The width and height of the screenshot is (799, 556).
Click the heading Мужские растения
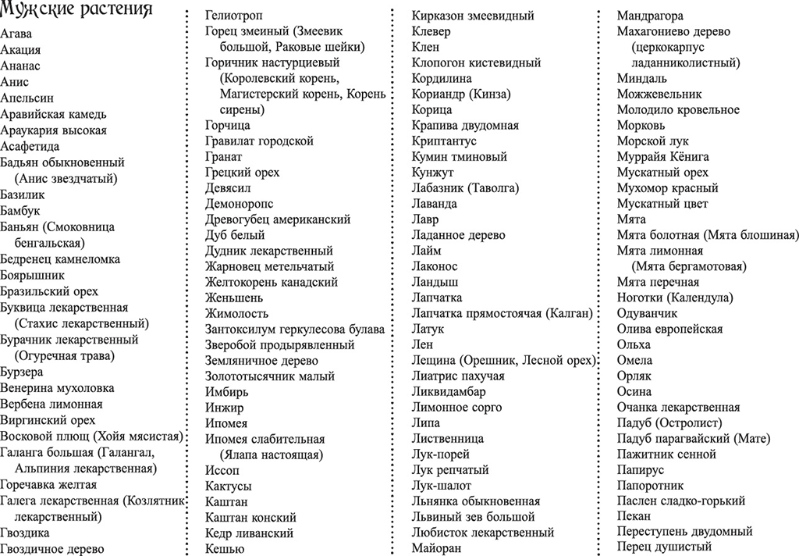click(76, 11)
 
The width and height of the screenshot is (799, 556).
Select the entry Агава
click(16, 34)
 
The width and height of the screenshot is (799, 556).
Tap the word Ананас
click(20, 66)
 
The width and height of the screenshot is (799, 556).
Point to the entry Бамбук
click(20, 211)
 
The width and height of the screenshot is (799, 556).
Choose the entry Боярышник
click(32, 275)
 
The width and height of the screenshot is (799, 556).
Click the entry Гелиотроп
click(233, 16)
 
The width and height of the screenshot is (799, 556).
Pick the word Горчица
click(228, 125)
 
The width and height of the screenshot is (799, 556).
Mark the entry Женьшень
click(234, 298)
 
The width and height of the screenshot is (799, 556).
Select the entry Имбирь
click(227, 391)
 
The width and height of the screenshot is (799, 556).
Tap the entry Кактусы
click(229, 486)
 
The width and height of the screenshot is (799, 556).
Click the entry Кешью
click(223, 548)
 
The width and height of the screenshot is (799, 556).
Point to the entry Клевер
click(431, 31)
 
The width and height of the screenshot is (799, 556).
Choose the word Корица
click(431, 110)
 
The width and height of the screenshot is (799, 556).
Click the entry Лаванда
click(434, 204)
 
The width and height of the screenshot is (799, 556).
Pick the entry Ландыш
click(435, 282)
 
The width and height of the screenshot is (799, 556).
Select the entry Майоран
click(436, 548)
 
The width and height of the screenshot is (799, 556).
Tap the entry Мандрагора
click(650, 16)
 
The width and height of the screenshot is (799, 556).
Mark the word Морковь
click(641, 125)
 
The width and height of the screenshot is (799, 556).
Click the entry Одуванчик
click(647, 313)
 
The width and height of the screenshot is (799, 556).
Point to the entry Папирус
click(641, 470)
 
